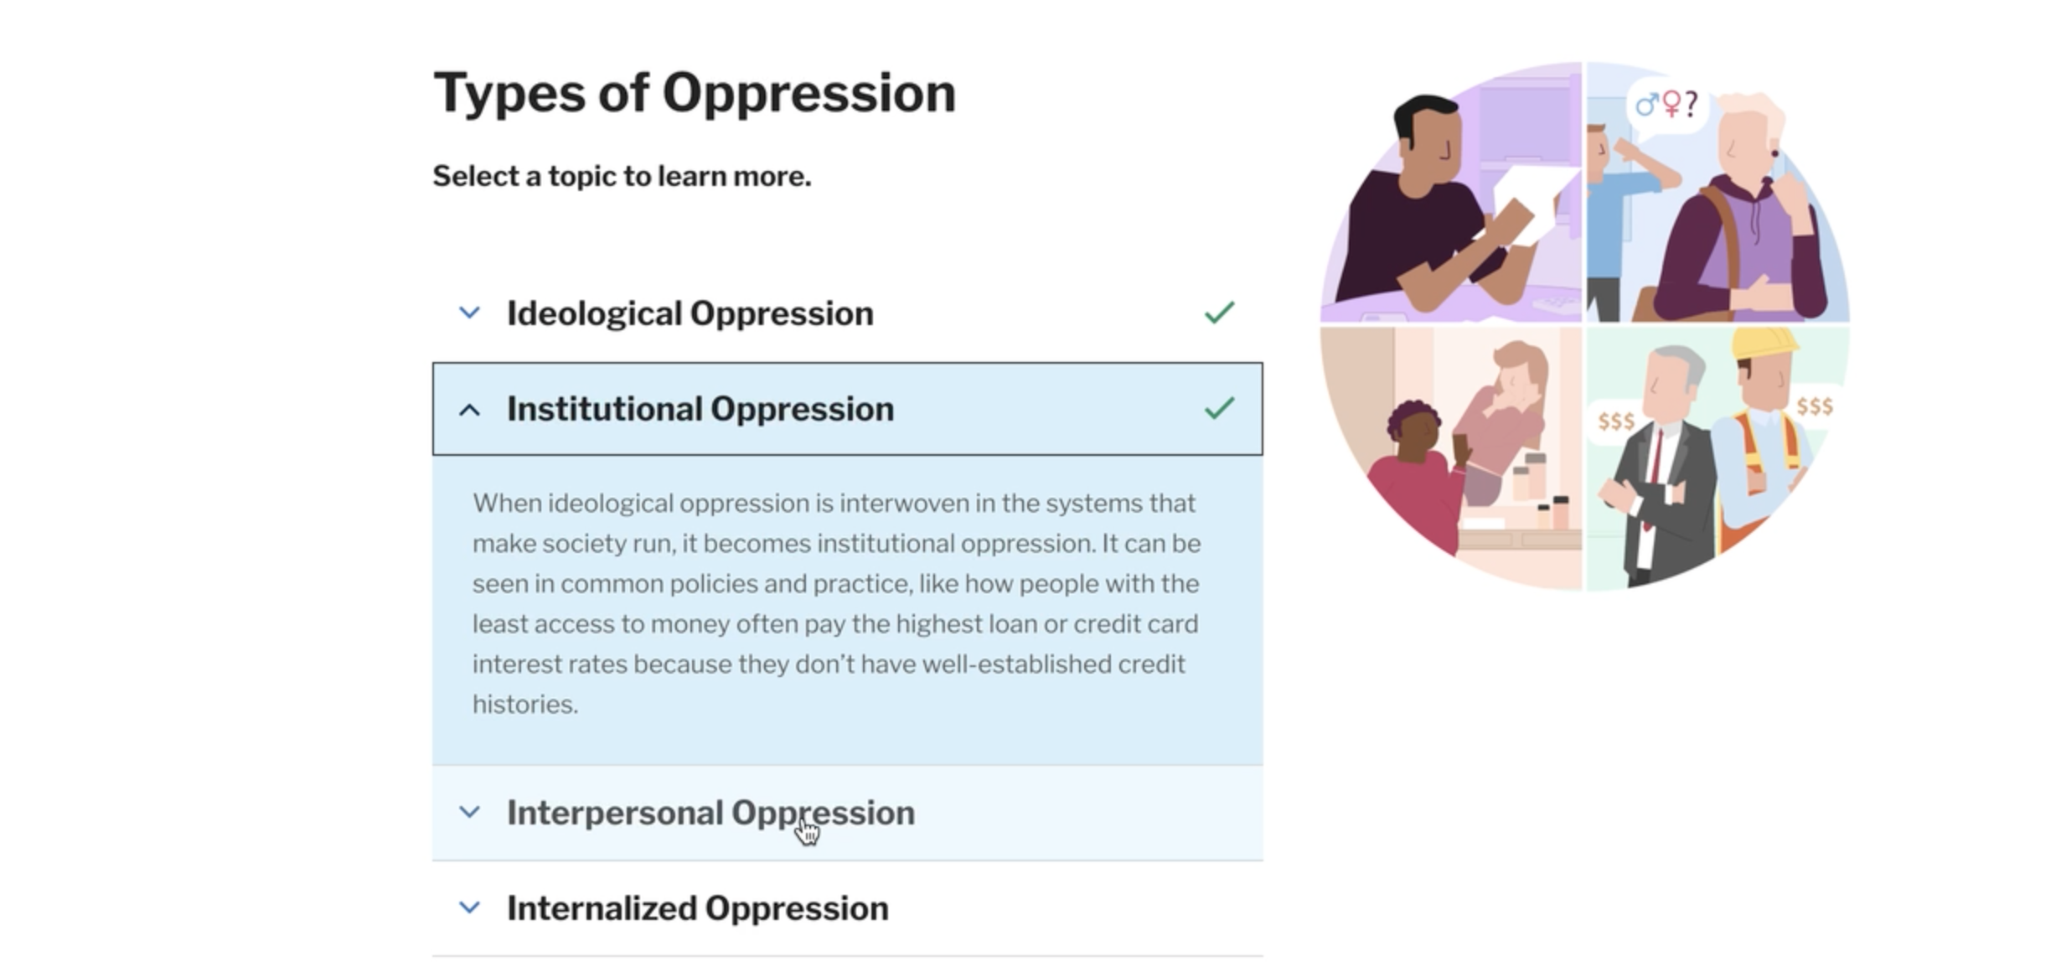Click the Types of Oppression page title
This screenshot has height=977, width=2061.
[694, 93]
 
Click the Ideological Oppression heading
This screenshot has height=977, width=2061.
[690, 313]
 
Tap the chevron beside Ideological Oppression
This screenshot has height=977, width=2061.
[470, 313]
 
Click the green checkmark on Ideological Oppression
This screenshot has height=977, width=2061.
[1219, 313]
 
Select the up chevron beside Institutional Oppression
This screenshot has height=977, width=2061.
[470, 410]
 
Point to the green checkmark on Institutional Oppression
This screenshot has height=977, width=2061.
[1219, 408]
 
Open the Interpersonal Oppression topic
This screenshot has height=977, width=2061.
[710, 813]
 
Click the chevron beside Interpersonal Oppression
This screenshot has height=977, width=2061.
[470, 812]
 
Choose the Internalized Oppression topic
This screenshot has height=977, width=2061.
[697, 908]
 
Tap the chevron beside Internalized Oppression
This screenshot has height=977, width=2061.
[470, 907]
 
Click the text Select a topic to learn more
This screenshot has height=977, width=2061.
[622, 176]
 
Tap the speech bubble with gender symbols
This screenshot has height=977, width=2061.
[1667, 106]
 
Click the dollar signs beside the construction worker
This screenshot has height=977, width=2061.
[1815, 406]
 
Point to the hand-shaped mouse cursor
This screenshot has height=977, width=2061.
[808, 831]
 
